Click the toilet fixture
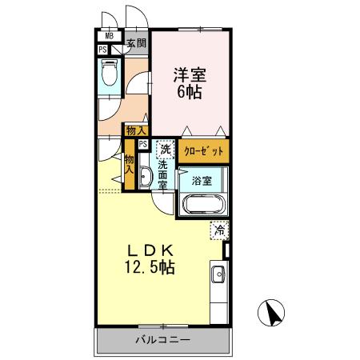tap(110, 74)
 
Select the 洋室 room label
tap(190, 76)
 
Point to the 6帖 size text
tap(190, 92)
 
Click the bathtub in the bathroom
tap(205, 204)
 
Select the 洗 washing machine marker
tap(165, 150)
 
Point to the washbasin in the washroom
tap(145, 178)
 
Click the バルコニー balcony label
tap(162, 340)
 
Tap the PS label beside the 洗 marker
tap(143, 145)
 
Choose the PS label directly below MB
tap(103, 49)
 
